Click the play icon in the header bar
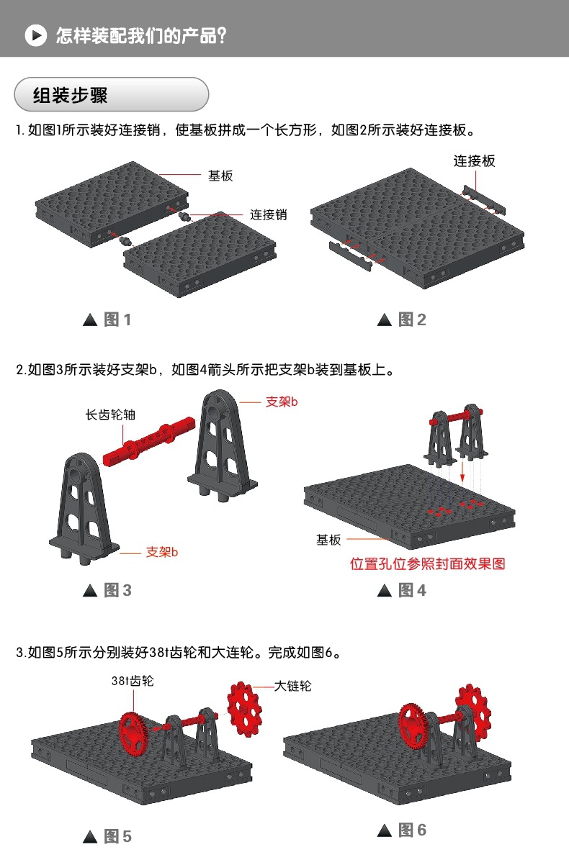coord(35,35)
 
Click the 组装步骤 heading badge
coord(112,94)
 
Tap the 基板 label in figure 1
coord(220,176)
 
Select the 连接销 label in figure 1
coord(269,214)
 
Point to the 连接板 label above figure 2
coord(474,161)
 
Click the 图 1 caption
coord(108,320)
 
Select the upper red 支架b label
coord(282,402)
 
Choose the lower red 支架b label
coord(161,552)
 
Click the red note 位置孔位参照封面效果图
coord(427,563)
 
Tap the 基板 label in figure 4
coord(328,539)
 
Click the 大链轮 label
coord(293,687)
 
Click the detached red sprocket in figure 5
coord(245,707)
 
